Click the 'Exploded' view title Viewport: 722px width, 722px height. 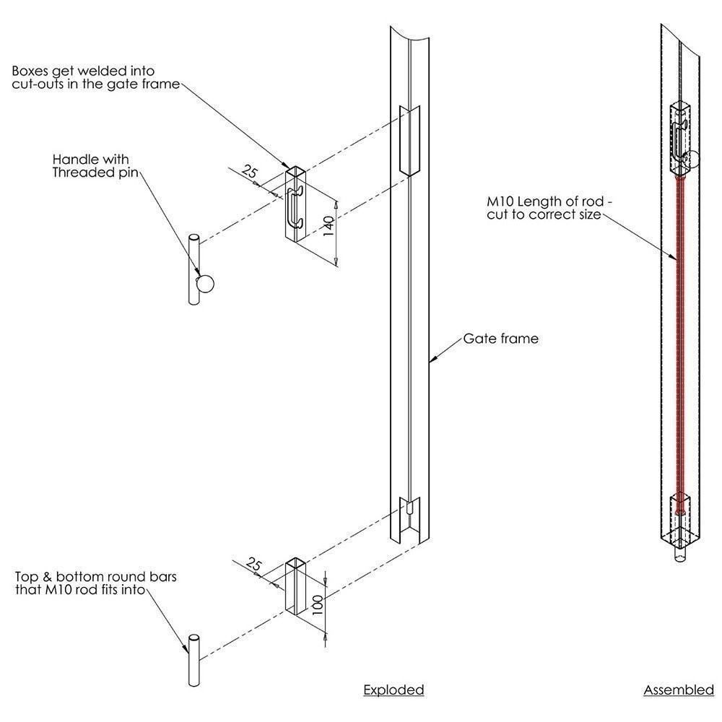pos(393,690)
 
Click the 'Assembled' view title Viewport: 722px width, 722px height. pos(679,690)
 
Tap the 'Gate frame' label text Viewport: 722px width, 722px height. pos(500,338)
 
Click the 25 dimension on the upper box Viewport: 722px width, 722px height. pos(248,173)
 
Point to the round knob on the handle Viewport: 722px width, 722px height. pos(204,283)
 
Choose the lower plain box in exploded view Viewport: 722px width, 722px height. pos(297,586)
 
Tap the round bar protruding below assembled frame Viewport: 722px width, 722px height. pos(681,557)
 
